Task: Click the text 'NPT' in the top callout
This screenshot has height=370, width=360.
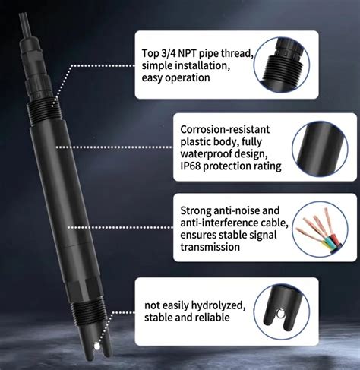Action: (188, 53)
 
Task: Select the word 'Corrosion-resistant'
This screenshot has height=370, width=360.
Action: (225, 129)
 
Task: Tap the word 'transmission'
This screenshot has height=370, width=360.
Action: (210, 247)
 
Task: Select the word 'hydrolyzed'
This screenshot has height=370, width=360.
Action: (218, 305)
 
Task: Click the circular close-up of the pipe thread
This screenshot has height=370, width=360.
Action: (282, 65)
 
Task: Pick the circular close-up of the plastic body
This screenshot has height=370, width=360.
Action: (320, 149)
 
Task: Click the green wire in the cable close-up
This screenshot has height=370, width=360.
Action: (327, 241)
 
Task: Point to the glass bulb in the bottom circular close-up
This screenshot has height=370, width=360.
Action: (280, 315)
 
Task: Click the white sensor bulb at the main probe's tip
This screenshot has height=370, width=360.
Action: (96, 346)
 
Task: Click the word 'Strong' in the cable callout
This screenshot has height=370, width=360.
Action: (196, 211)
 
